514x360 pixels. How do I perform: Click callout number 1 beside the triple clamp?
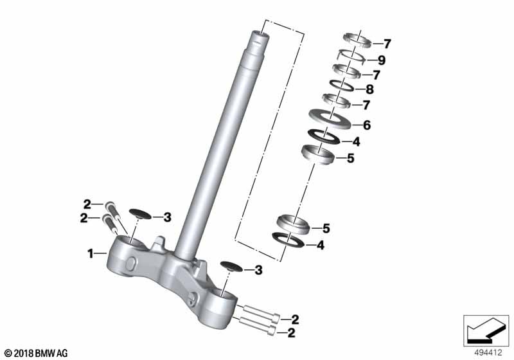coord(91,253)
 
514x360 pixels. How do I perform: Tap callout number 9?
coord(381,60)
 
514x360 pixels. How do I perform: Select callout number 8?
coord(369,89)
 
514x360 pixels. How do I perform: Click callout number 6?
coord(367,125)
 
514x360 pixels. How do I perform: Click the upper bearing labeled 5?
coord(317,154)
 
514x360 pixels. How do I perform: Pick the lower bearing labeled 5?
coord(294,224)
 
